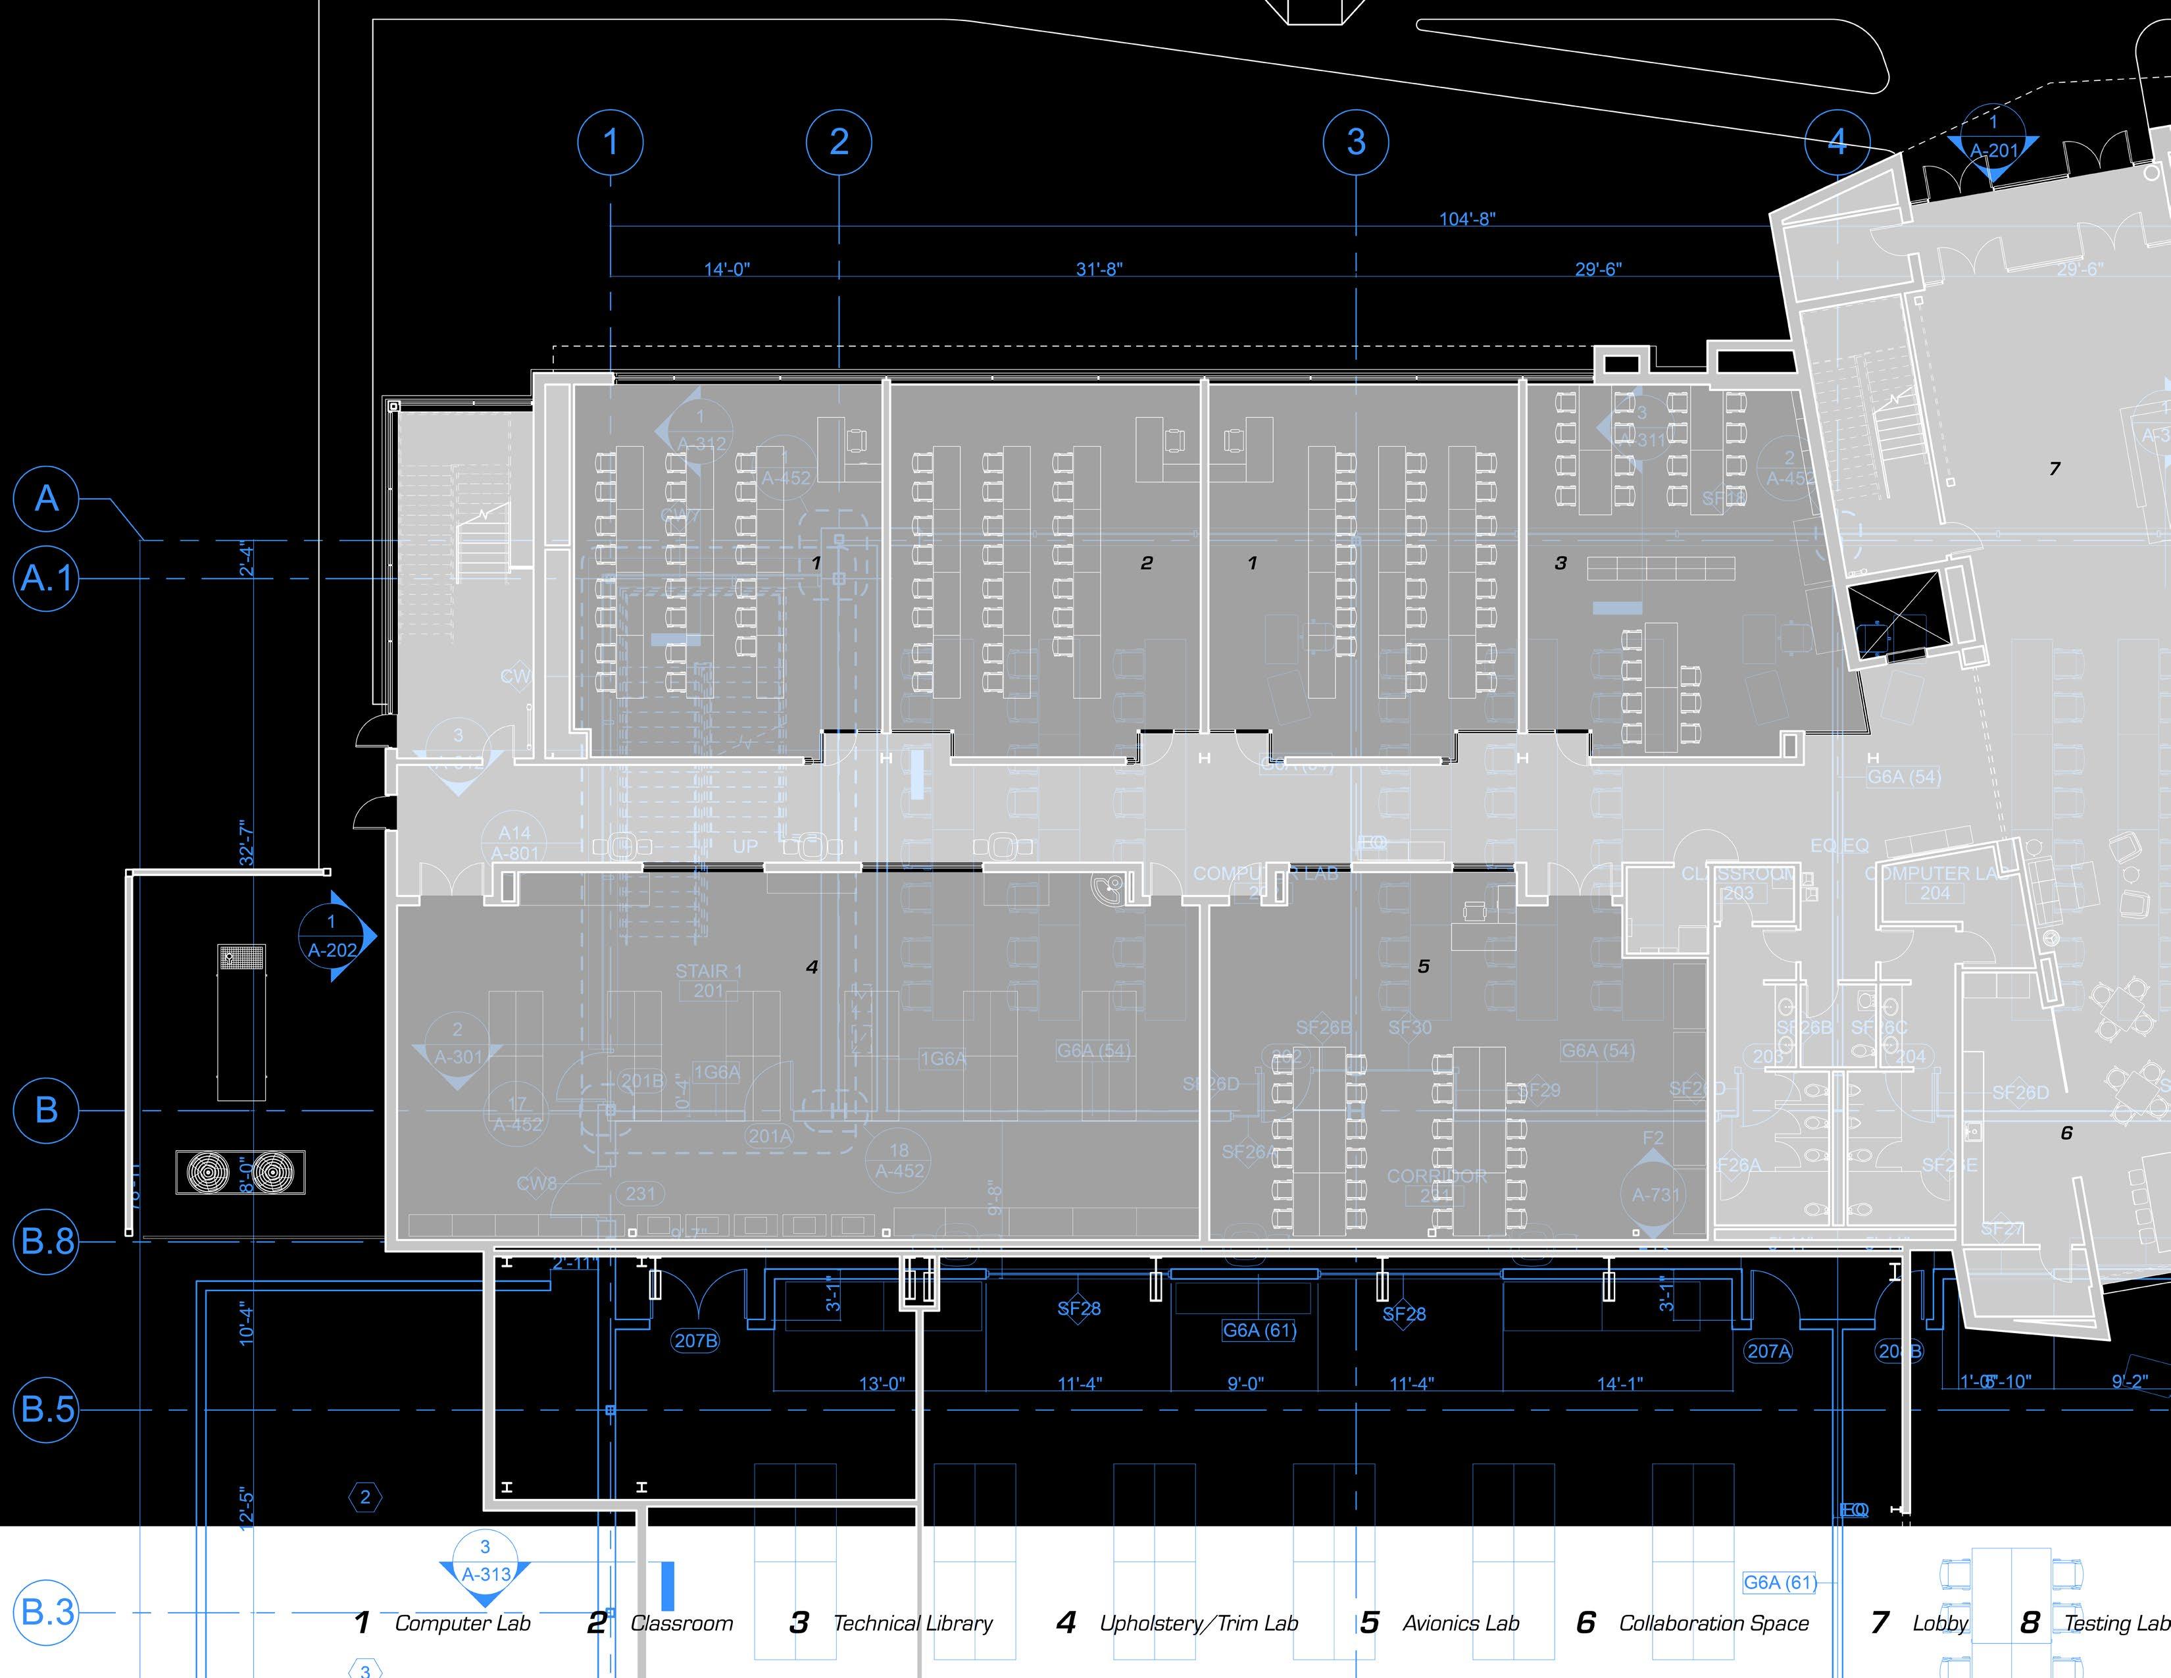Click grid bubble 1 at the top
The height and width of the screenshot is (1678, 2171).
(611, 142)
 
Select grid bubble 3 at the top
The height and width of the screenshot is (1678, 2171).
(1356, 142)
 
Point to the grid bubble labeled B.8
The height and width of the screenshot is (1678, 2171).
(46, 1240)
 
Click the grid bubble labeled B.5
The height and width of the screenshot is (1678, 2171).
(46, 1409)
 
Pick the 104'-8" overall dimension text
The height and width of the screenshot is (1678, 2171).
(1467, 218)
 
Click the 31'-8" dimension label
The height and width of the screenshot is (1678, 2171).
(1099, 269)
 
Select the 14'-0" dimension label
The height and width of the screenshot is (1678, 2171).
(727, 269)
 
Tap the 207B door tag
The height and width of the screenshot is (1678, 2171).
(696, 1341)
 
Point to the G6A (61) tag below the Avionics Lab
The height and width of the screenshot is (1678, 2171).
(1259, 1330)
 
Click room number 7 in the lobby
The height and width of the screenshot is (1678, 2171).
(2055, 469)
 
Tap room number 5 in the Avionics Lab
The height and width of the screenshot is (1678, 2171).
(1424, 966)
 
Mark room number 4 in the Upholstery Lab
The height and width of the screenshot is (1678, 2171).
(812, 966)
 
